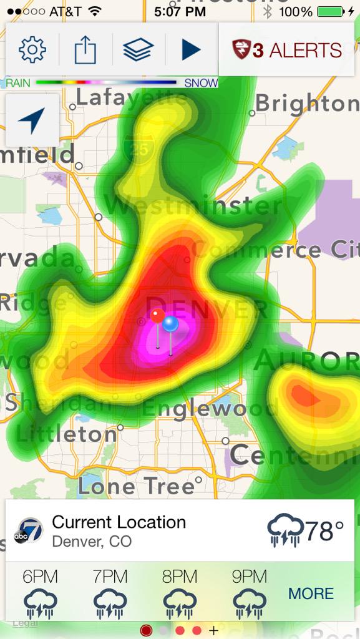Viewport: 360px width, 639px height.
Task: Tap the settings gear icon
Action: coord(32,50)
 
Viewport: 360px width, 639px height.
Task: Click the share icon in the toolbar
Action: coord(85,50)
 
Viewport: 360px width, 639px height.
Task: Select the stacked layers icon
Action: coord(139,50)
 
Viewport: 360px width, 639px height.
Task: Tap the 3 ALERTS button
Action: coord(287,50)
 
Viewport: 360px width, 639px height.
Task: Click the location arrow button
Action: coord(32,120)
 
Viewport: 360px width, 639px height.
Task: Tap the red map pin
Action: coord(158,316)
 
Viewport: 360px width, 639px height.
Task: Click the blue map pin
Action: coord(170,324)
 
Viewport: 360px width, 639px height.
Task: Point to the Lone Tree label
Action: coord(136,485)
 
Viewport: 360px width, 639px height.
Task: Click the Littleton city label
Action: coord(67,434)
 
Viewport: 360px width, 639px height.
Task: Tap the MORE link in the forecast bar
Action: coord(311,593)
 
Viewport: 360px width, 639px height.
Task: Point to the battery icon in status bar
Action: coord(331,11)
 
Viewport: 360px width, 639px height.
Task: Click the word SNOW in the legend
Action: coord(201,83)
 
